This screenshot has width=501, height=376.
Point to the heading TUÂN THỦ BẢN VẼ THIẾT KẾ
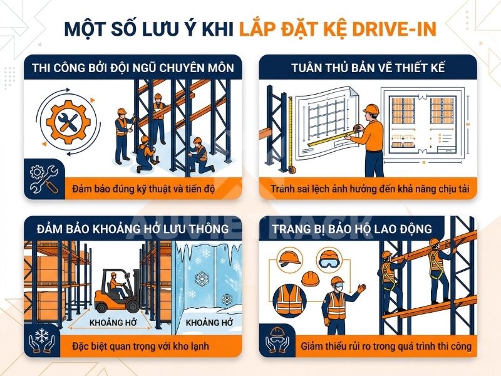[x=368, y=68]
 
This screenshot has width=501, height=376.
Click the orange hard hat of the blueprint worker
[x=371, y=110]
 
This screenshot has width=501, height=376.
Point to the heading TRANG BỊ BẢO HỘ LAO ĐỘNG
[x=368, y=229]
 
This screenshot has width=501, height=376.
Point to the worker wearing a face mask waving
[x=338, y=301]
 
